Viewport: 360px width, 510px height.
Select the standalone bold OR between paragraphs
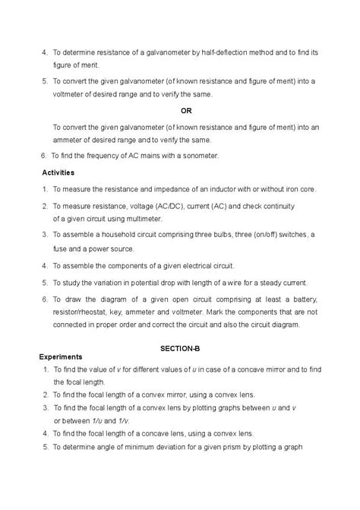(x=186, y=111)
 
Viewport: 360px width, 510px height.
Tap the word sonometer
(x=200, y=156)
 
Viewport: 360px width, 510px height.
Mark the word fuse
(x=62, y=249)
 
